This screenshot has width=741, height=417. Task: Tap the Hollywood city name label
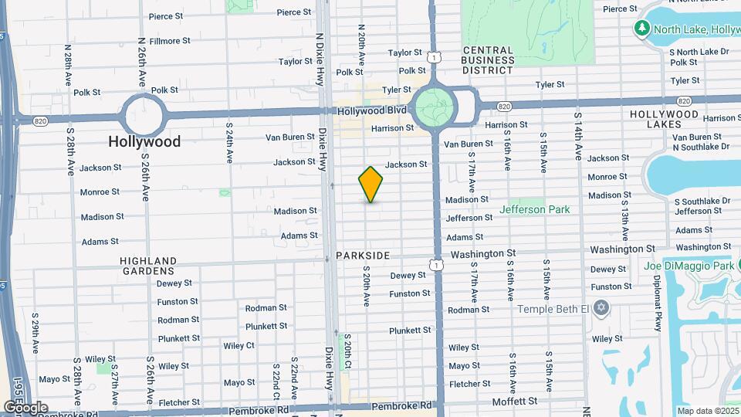[x=144, y=141]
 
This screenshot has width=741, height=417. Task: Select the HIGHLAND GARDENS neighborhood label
[x=147, y=266]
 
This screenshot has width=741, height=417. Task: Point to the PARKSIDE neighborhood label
[x=363, y=255]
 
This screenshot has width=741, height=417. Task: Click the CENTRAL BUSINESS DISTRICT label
[x=488, y=59]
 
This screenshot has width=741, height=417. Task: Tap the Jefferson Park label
[x=534, y=209]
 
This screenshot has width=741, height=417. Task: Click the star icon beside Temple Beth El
[x=601, y=309]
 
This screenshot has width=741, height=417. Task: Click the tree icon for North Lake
[x=641, y=29]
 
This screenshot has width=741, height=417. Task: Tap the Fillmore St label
[x=171, y=40]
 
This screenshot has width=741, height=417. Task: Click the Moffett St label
[x=515, y=402]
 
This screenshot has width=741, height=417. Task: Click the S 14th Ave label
[x=577, y=135]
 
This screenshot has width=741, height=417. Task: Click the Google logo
[x=25, y=407]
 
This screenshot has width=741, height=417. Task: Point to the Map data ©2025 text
[x=707, y=411]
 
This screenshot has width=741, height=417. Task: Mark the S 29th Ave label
[x=36, y=333]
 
